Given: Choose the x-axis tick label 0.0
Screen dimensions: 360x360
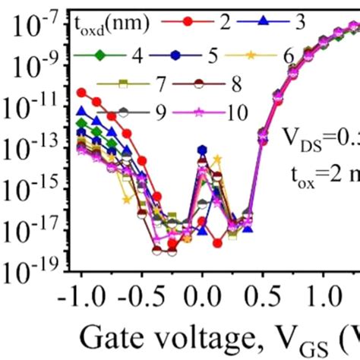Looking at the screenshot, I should (203, 295).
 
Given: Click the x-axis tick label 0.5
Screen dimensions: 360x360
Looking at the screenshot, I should (262, 295).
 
